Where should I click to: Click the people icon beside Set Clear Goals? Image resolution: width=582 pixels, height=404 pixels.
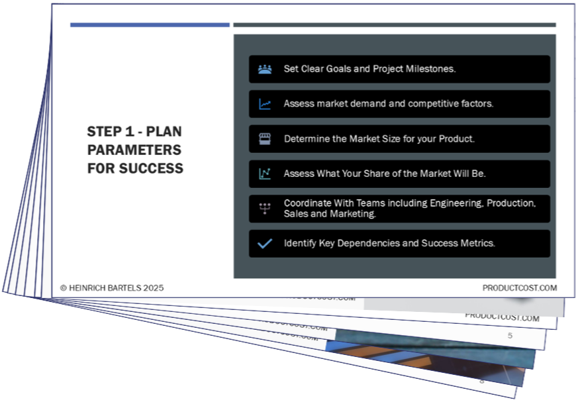click(265, 69)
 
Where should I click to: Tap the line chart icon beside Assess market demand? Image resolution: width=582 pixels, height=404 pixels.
click(265, 104)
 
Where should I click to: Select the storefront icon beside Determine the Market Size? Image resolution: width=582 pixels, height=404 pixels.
click(265, 139)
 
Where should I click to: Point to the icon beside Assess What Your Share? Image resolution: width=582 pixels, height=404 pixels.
click(265, 174)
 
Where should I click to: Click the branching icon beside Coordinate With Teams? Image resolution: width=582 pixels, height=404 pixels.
click(265, 209)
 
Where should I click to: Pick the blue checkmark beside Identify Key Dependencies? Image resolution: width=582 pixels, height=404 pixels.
click(265, 244)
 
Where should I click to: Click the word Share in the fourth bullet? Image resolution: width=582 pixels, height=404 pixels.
click(385, 174)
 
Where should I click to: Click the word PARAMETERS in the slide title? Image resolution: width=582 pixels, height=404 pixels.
click(134, 150)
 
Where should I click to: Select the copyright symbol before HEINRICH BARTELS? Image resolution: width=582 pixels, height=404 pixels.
click(64, 288)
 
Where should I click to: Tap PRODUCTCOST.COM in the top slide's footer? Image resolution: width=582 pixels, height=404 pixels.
click(520, 288)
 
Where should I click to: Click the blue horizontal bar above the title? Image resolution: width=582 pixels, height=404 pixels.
click(150, 25)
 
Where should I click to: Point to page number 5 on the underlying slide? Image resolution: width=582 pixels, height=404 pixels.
click(510, 336)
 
